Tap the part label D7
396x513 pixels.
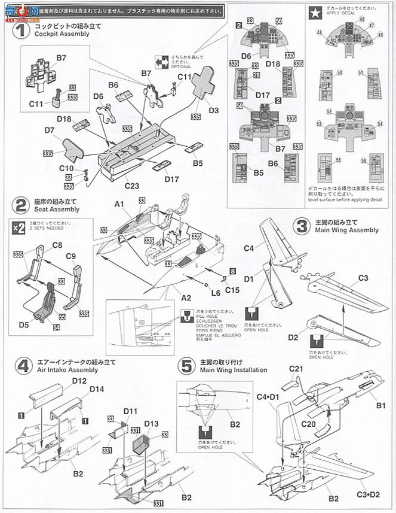point(49,130)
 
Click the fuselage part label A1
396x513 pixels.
point(119,204)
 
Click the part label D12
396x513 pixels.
point(79,381)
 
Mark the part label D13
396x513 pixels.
point(151,423)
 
